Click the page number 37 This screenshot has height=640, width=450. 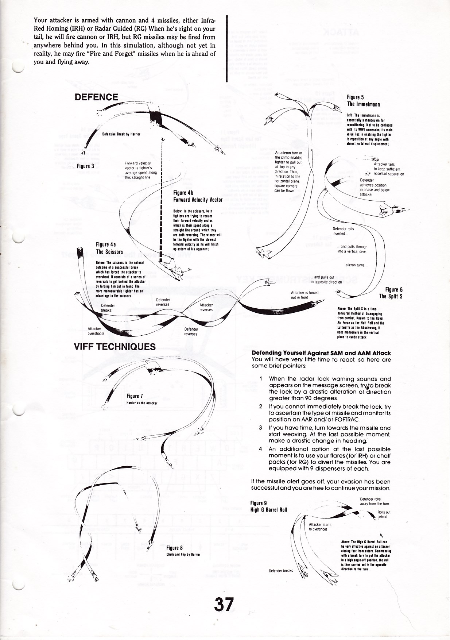click(224, 604)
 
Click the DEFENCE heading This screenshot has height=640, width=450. click(96, 97)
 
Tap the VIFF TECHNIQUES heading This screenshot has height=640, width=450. click(115, 347)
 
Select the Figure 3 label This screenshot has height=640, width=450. click(86, 166)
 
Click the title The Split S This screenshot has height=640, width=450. click(391, 296)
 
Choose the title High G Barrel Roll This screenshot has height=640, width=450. click(268, 510)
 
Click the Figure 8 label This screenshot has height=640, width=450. click(174, 548)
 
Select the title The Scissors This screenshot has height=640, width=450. click(109, 252)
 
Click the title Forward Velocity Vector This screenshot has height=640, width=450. click(198, 200)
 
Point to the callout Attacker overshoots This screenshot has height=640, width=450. click(96, 331)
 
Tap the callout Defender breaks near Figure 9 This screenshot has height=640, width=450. click(281, 571)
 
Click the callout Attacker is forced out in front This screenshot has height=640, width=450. click(304, 295)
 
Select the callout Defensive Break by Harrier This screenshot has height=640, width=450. click(121, 134)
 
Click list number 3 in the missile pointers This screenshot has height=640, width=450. click(260, 428)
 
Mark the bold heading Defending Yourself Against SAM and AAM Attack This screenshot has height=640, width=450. click(321, 353)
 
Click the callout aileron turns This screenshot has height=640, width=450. click(355, 265)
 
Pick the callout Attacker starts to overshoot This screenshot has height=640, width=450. click(320, 527)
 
